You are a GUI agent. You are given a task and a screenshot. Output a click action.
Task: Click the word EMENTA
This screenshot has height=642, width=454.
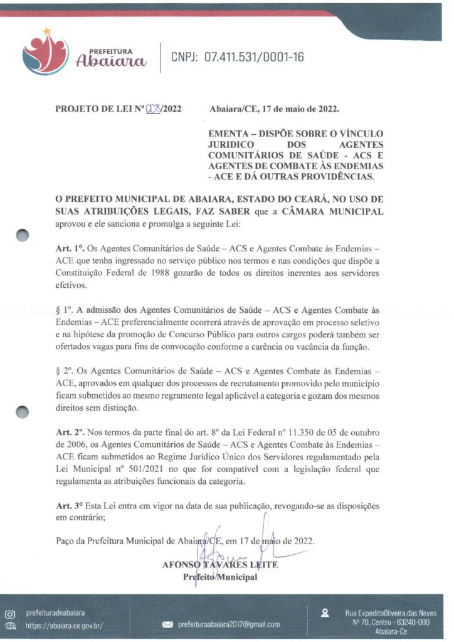(x=230, y=134)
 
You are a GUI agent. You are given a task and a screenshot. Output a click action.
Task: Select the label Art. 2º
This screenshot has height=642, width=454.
(x=68, y=433)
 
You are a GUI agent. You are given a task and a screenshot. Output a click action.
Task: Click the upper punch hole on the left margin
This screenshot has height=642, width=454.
(x=23, y=235)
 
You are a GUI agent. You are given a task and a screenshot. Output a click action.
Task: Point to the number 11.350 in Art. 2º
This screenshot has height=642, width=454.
(x=304, y=433)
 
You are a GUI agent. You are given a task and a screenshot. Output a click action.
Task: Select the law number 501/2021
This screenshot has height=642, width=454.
(x=147, y=470)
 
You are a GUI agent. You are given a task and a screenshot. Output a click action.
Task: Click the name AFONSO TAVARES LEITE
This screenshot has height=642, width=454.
(x=219, y=564)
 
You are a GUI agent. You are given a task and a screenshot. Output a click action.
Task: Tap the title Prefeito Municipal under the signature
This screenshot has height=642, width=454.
(x=219, y=577)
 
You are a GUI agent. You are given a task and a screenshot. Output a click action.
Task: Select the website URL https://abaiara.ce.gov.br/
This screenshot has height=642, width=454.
(x=65, y=625)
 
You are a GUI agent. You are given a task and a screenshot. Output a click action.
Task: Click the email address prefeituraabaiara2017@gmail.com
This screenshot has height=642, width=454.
(x=229, y=624)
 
